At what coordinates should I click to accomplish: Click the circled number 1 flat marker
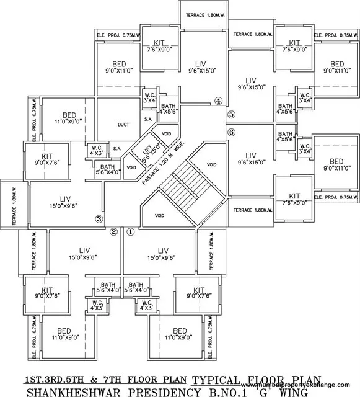click(130, 232)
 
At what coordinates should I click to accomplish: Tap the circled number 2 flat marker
click(113, 232)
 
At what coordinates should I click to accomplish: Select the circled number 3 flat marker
click(98, 218)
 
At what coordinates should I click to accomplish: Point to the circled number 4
click(217, 100)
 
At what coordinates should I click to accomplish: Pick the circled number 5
click(231, 114)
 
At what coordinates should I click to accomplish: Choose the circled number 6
click(231, 132)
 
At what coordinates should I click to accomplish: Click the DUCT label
click(123, 125)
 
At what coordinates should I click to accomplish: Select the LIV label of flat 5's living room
click(251, 80)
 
